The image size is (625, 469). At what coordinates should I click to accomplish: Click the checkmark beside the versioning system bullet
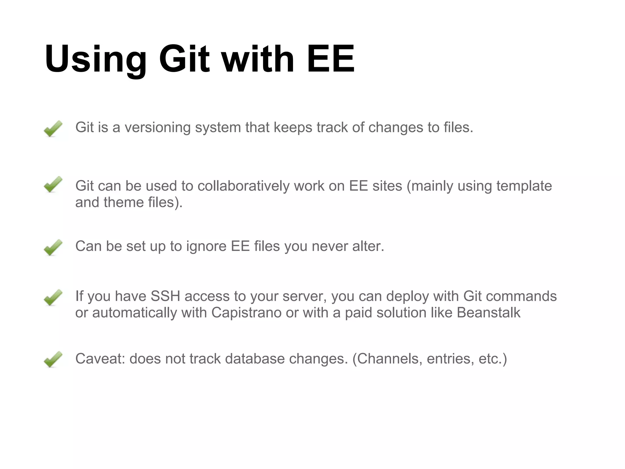pyautogui.click(x=53, y=129)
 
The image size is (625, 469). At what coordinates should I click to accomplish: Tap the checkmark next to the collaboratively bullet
pyautogui.click(x=53, y=184)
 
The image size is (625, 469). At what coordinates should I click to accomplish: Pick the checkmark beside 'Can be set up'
pyautogui.click(x=53, y=247)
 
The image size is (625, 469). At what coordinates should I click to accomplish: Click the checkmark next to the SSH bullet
pyautogui.click(x=53, y=297)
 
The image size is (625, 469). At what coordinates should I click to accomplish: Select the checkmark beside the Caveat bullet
pyautogui.click(x=53, y=359)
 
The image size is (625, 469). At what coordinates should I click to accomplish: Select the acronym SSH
pyautogui.click(x=165, y=296)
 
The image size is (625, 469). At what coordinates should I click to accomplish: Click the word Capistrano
pyautogui.click(x=246, y=313)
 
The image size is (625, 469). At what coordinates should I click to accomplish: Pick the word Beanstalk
pyautogui.click(x=488, y=313)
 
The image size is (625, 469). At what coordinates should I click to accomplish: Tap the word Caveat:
pyautogui.click(x=100, y=359)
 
